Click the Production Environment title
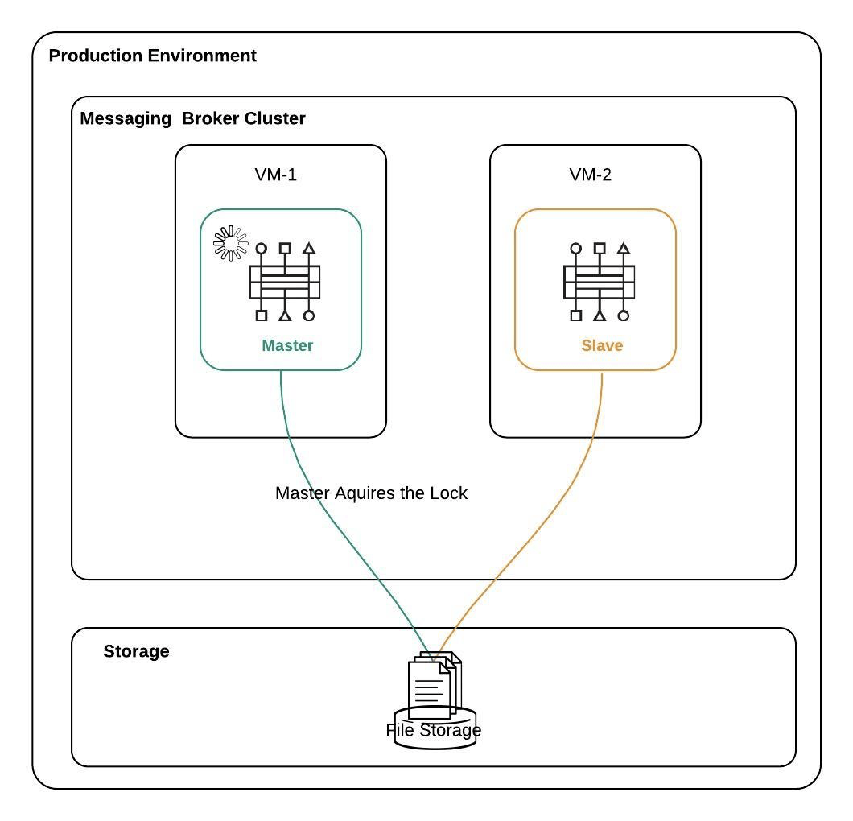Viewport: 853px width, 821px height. (x=152, y=56)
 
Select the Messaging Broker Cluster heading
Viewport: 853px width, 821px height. (x=192, y=118)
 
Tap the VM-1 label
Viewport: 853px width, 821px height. (x=275, y=175)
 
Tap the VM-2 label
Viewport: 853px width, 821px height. (x=590, y=175)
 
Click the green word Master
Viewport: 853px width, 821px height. (x=287, y=345)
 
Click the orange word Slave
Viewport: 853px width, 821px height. (x=602, y=345)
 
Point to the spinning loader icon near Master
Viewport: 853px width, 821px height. (x=230, y=243)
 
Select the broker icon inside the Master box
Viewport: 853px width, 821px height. (x=284, y=282)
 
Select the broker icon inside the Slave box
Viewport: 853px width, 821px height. (x=599, y=282)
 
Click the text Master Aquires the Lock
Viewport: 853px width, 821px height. (x=371, y=493)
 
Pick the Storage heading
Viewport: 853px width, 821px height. (x=136, y=651)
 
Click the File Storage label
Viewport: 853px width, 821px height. (x=434, y=730)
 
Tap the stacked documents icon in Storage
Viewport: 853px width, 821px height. (x=434, y=685)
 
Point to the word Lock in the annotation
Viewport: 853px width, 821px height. (x=449, y=493)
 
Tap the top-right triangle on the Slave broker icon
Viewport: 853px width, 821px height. (x=623, y=249)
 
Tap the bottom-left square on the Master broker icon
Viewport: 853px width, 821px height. (x=261, y=316)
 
